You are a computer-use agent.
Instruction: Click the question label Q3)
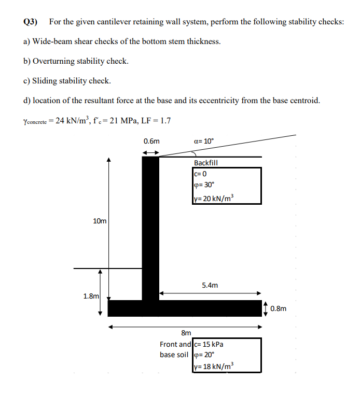(x=31, y=22)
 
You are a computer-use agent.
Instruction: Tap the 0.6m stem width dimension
(x=151, y=141)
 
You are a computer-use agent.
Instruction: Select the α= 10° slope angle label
(x=203, y=140)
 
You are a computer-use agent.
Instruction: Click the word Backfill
(x=206, y=163)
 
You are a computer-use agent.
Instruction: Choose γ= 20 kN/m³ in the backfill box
(x=213, y=197)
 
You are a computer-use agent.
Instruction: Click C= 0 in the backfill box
(x=200, y=174)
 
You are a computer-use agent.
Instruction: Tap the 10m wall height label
(x=100, y=221)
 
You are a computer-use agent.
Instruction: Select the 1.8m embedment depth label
(x=91, y=296)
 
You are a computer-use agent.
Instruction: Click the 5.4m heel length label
(x=210, y=285)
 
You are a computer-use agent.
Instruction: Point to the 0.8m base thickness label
(x=278, y=309)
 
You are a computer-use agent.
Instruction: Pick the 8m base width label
(x=186, y=333)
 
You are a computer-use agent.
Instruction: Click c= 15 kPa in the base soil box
(x=208, y=344)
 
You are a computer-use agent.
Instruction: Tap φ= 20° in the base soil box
(x=203, y=355)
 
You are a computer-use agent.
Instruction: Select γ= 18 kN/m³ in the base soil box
(x=213, y=366)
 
